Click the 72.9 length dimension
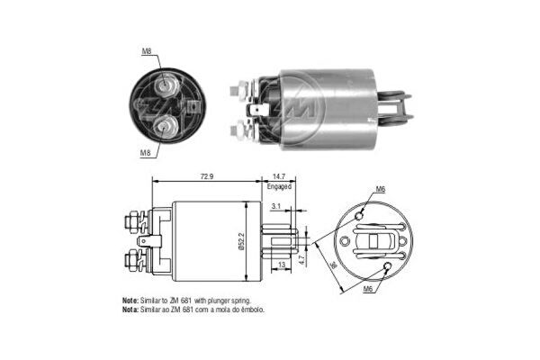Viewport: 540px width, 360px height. (x=207, y=176)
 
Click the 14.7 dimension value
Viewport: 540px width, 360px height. (x=279, y=176)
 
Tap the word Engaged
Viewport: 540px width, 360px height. (x=279, y=186)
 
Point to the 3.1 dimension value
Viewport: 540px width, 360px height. (x=276, y=206)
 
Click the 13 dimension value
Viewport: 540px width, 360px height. (x=282, y=265)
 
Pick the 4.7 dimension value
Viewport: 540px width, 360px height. (x=302, y=260)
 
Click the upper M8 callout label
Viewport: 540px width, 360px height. (x=147, y=51)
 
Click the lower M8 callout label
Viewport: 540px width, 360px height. (x=145, y=153)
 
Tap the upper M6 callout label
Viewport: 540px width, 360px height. (x=380, y=189)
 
